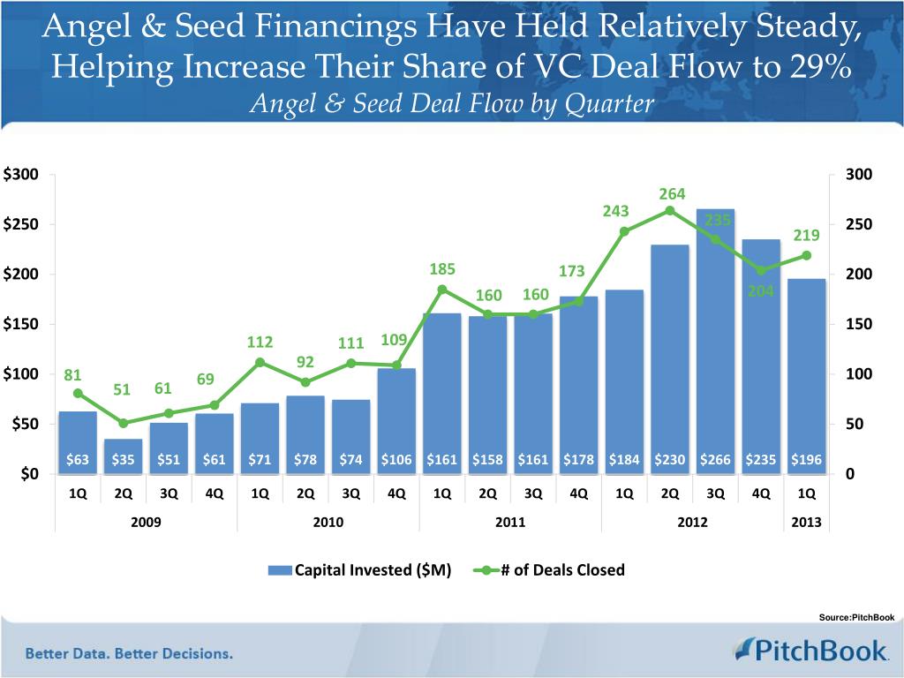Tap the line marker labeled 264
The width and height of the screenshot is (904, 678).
pyautogui.click(x=669, y=210)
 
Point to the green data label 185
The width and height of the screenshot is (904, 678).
pyautogui.click(x=442, y=268)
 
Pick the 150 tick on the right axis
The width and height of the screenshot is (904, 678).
pyautogui.click(x=858, y=325)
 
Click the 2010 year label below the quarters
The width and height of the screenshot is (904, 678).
pyautogui.click(x=328, y=523)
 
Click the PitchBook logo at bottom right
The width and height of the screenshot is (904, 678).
pyautogui.click(x=810, y=651)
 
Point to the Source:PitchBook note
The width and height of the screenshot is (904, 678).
pyautogui.click(x=856, y=617)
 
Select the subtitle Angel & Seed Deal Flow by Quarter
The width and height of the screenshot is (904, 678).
pyautogui.click(x=452, y=104)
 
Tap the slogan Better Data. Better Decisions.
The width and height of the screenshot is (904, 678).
pyautogui.click(x=129, y=654)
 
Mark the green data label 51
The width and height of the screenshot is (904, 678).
pyautogui.click(x=122, y=390)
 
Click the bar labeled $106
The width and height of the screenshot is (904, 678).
pyautogui.click(x=396, y=415)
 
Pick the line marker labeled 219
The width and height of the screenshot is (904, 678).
pyautogui.click(x=806, y=256)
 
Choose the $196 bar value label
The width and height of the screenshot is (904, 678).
pyautogui.click(x=805, y=460)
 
